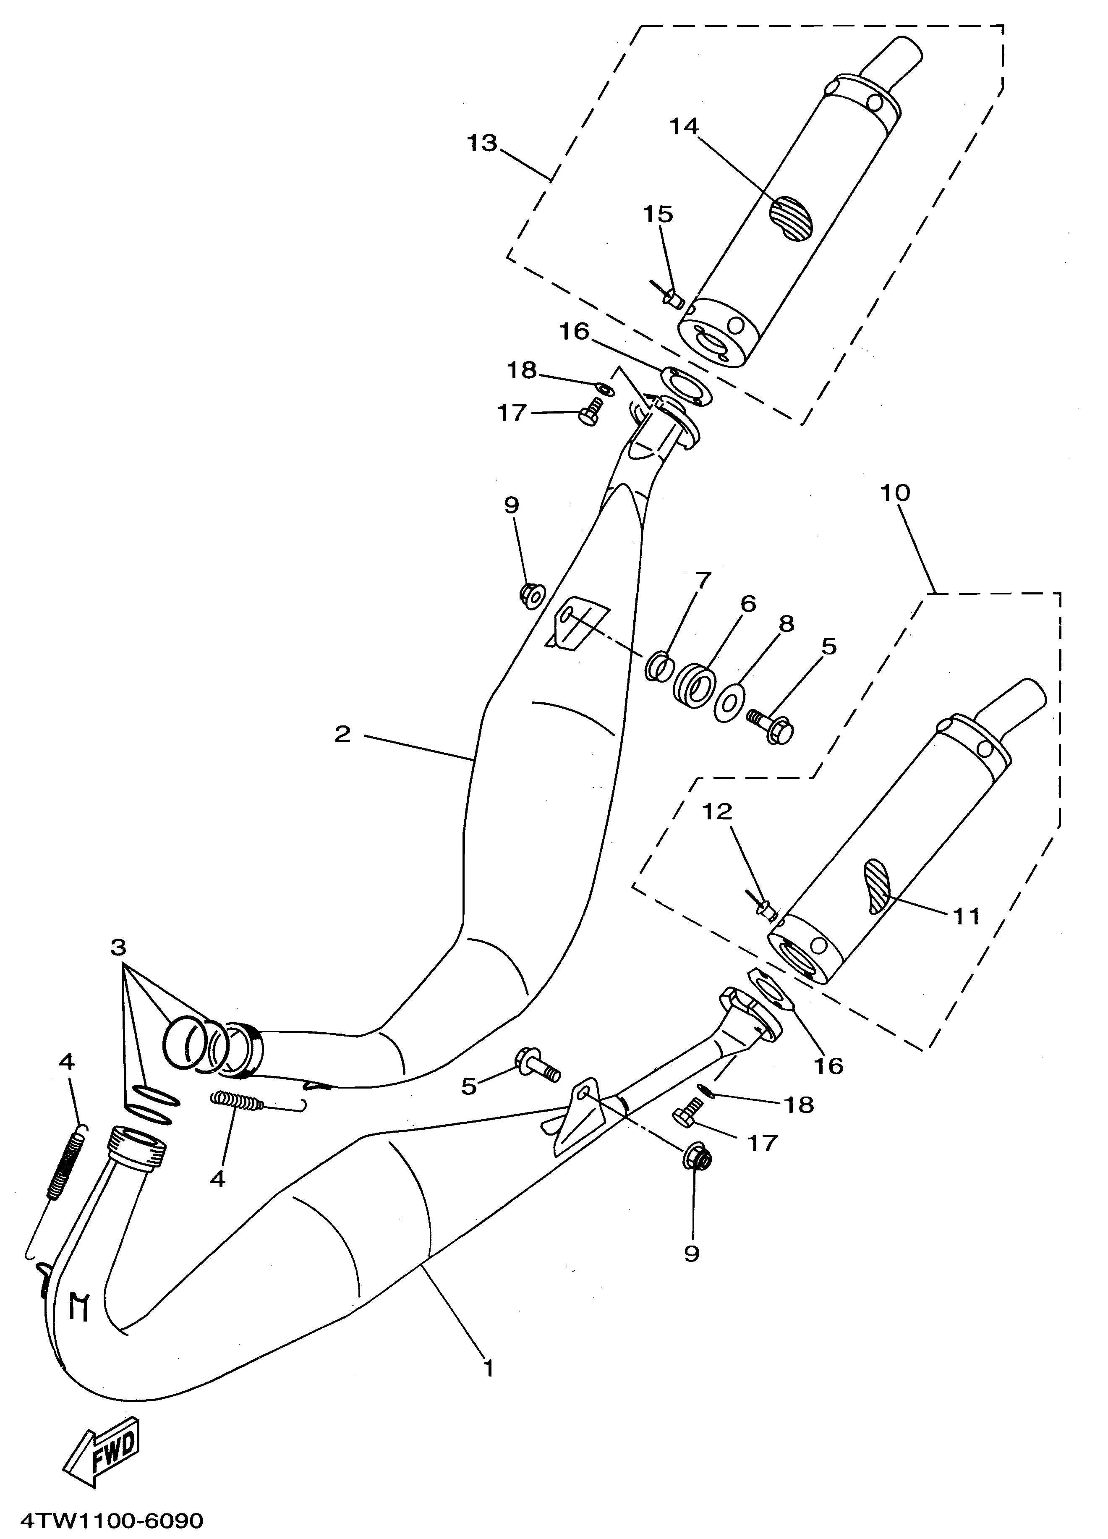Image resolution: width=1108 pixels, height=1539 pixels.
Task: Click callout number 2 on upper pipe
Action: pyautogui.click(x=342, y=733)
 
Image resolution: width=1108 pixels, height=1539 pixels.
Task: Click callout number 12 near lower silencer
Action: pyautogui.click(x=718, y=811)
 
